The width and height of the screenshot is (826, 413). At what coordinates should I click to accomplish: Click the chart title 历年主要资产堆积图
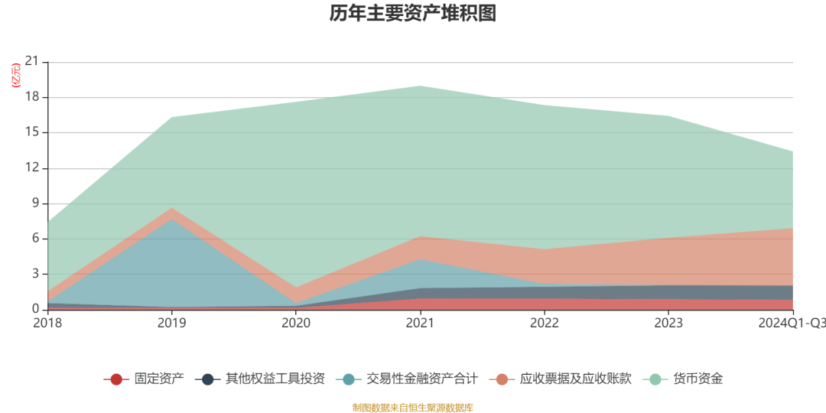tap(413, 14)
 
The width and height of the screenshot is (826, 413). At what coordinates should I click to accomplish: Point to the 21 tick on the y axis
tap(32, 62)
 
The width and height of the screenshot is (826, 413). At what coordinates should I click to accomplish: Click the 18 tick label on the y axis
tap(32, 97)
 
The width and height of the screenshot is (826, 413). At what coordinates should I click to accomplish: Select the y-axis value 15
tap(32, 132)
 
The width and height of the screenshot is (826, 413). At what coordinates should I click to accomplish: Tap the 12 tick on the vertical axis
tap(32, 168)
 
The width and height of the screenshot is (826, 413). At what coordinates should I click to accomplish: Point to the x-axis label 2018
tap(47, 324)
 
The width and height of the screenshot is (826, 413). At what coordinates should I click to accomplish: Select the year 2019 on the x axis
tap(171, 324)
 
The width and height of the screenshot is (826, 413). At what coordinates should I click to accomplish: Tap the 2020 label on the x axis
tap(296, 324)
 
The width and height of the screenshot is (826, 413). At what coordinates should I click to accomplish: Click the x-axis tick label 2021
tap(420, 324)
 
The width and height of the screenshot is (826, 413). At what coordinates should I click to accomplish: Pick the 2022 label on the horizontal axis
tap(545, 324)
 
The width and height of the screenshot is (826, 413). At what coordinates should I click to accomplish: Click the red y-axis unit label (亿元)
tap(15, 76)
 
